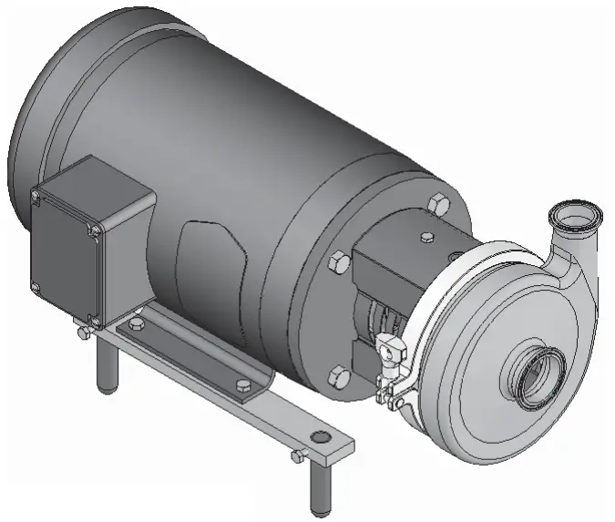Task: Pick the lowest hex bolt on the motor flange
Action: click(337, 374)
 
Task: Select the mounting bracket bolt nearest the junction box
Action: click(137, 325)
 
